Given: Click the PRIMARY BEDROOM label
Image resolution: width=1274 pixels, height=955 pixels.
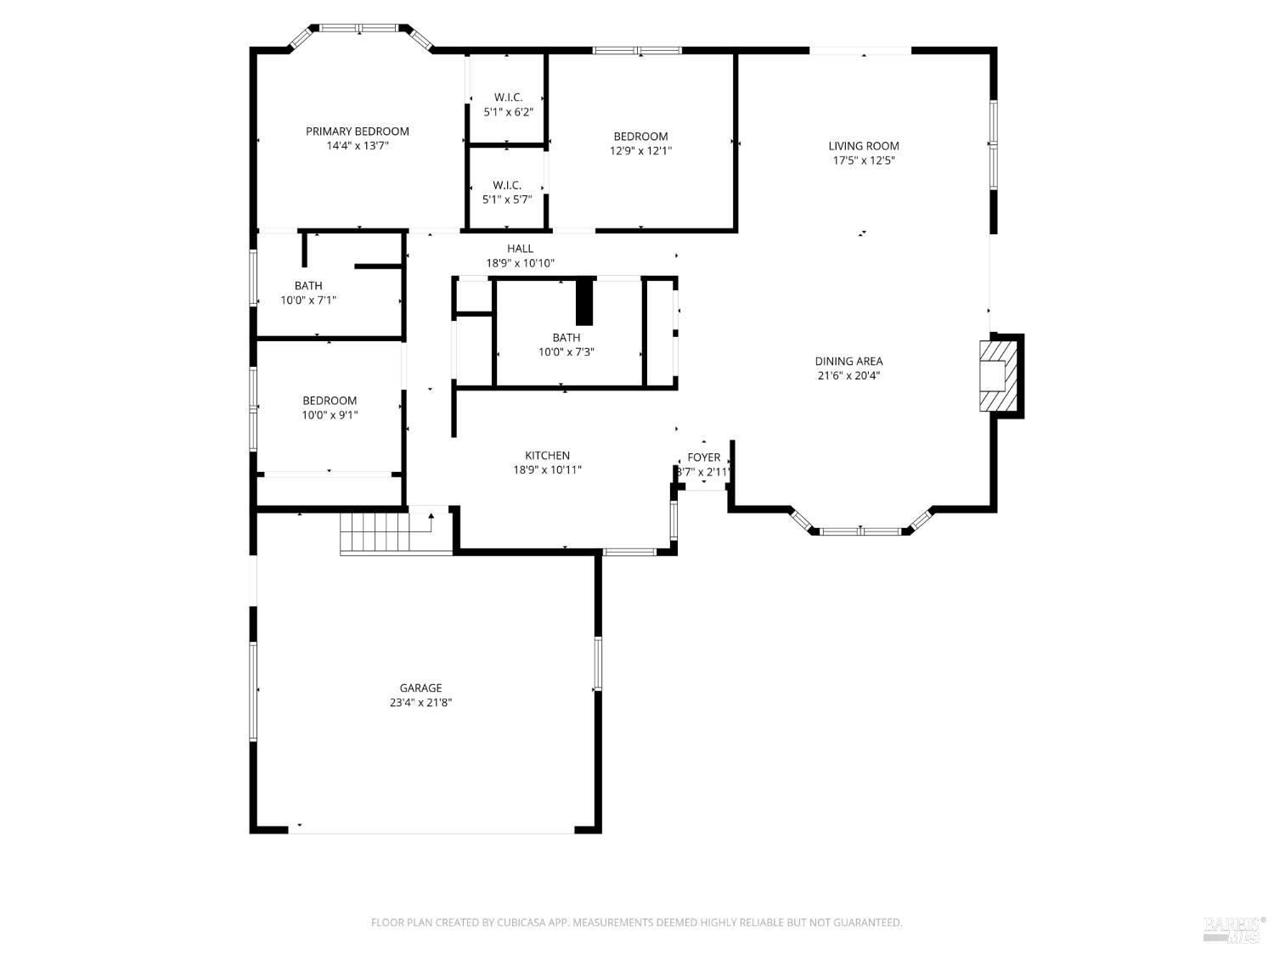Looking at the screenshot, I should (x=357, y=131).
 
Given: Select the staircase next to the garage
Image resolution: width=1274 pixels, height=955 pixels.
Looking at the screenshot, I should (x=375, y=532).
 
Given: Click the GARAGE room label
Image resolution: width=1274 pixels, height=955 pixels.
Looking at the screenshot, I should (x=420, y=688).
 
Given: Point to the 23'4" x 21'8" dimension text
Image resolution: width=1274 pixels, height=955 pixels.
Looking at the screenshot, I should (x=420, y=703).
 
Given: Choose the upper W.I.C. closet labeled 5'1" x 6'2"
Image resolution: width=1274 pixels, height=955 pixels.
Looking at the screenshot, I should (x=508, y=104).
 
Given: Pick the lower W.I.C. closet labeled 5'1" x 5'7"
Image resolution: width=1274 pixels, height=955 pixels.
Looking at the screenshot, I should (x=507, y=193).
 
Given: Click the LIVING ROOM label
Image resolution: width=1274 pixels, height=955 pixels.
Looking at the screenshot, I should (x=863, y=146).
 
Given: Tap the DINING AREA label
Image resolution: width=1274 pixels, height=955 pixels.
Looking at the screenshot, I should (x=848, y=361).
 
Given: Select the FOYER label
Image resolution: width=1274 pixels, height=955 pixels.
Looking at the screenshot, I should (x=703, y=458).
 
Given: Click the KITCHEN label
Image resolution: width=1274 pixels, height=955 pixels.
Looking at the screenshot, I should (x=547, y=456).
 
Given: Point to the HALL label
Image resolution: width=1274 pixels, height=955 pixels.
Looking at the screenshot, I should (x=520, y=249).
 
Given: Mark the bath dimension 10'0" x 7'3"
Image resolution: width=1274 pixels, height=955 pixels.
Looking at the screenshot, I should (x=566, y=352).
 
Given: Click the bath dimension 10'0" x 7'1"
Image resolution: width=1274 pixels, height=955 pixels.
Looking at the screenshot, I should (x=308, y=301).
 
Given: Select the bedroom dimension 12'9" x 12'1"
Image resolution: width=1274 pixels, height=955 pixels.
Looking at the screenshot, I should (x=640, y=151).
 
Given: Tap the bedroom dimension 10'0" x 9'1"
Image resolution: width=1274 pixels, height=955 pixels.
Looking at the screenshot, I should (x=330, y=415).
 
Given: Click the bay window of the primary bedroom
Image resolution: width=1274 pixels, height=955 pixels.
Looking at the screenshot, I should (x=358, y=29).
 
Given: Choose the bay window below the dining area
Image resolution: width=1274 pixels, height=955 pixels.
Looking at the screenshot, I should (x=860, y=531).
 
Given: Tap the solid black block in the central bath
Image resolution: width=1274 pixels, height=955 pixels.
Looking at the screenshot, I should (x=584, y=301).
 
